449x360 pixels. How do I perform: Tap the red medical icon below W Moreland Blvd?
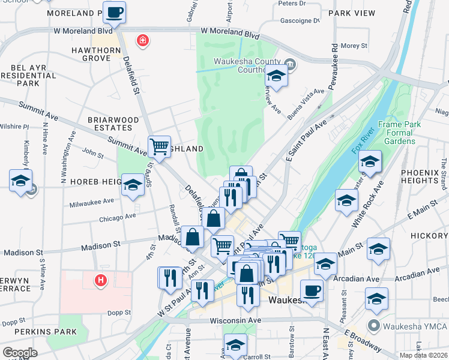(143, 41)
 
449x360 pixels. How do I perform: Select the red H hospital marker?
(101, 280)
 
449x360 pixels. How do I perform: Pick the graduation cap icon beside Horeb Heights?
(133, 184)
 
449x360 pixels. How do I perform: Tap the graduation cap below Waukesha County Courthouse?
(276, 76)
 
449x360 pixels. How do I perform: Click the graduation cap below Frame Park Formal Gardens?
(370, 161)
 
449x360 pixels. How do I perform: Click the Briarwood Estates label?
(109, 124)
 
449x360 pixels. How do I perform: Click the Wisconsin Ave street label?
(235, 320)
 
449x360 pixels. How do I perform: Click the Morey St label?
(353, 46)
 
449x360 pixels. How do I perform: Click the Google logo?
(20, 353)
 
